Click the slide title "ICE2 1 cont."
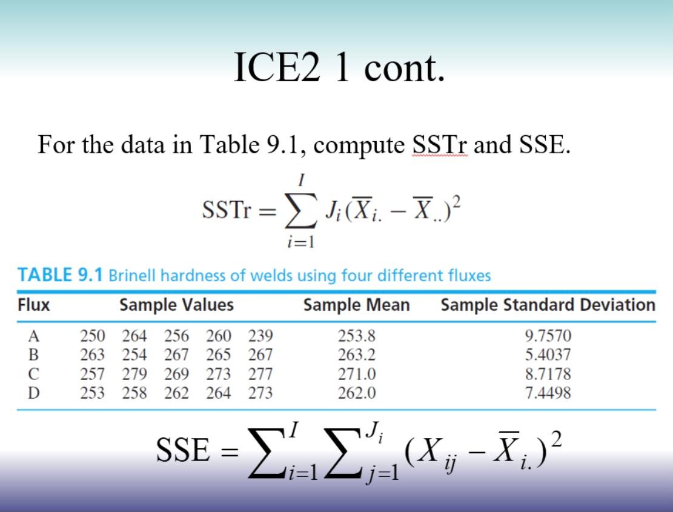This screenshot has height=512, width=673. (x=339, y=67)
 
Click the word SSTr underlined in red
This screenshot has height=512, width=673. (x=440, y=145)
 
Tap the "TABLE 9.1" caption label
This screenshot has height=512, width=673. (x=60, y=275)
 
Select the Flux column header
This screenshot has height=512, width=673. (x=33, y=305)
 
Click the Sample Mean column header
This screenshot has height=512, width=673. (x=356, y=305)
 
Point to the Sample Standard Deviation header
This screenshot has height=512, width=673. (x=548, y=305)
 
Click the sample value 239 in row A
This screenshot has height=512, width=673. (x=260, y=336)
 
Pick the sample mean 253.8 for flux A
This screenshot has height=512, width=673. (x=356, y=336)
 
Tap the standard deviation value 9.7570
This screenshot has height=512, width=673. (x=548, y=336)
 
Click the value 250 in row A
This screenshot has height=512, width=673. (x=92, y=336)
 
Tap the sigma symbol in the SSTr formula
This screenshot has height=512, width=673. (x=301, y=211)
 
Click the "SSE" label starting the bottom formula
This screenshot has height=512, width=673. (x=184, y=450)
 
